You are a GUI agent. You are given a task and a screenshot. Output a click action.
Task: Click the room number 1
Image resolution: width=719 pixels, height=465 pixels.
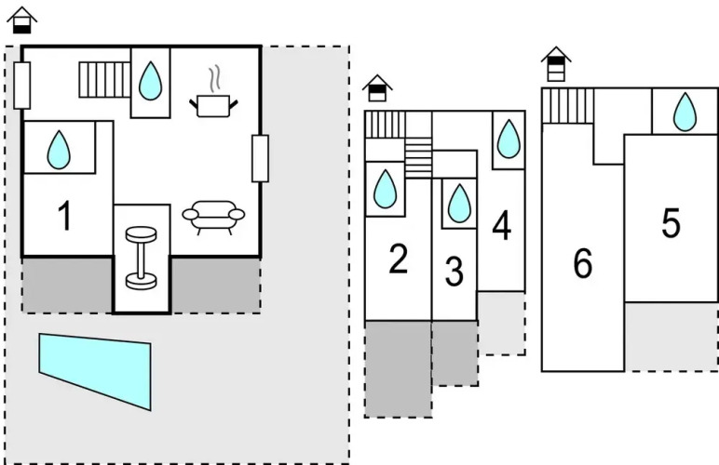click(64, 216)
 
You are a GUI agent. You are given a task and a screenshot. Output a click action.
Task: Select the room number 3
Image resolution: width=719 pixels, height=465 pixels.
click(454, 272)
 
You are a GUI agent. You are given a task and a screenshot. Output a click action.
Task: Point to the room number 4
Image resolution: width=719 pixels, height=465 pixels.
click(502, 226)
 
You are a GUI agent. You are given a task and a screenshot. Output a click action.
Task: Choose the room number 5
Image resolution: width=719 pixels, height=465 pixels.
click(671, 223)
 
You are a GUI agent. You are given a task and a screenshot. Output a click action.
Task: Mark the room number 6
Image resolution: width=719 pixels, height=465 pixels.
click(583, 264)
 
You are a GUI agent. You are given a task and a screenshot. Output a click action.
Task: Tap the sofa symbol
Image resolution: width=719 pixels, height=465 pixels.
click(213, 217)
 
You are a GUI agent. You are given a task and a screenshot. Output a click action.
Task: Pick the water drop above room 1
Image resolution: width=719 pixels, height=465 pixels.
click(59, 149)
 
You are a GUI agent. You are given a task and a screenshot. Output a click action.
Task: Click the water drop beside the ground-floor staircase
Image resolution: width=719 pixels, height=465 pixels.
click(150, 82)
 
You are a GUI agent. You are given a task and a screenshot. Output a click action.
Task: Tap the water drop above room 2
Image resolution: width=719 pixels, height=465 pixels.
click(385, 190)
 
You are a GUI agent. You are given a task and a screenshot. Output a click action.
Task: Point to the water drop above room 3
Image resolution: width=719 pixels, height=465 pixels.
click(458, 203)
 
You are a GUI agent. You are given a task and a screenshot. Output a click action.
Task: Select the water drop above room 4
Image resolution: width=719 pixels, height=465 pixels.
click(508, 139)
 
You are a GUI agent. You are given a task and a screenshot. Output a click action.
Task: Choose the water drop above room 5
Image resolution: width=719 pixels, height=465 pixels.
click(685, 112)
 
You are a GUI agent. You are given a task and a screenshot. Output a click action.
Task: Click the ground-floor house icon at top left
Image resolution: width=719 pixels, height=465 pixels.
click(22, 20)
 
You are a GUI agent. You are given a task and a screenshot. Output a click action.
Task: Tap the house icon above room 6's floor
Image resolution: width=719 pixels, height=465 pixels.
click(555, 64)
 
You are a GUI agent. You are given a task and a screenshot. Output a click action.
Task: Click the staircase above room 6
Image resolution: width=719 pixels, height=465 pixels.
click(568, 105)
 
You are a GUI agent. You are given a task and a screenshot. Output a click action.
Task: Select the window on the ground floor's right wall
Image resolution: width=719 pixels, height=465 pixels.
click(260, 158)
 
